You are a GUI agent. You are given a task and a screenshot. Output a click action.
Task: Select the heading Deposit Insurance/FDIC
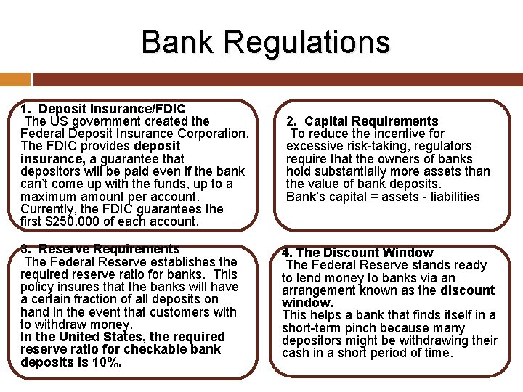click(x=112, y=109)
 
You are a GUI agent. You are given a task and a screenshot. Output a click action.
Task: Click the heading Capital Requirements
click(x=371, y=121)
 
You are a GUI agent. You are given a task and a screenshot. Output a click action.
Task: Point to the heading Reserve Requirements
click(x=109, y=249)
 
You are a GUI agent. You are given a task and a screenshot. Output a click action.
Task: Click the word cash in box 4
click(x=294, y=354)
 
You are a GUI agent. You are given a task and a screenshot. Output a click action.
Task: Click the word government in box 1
click(x=108, y=121)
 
